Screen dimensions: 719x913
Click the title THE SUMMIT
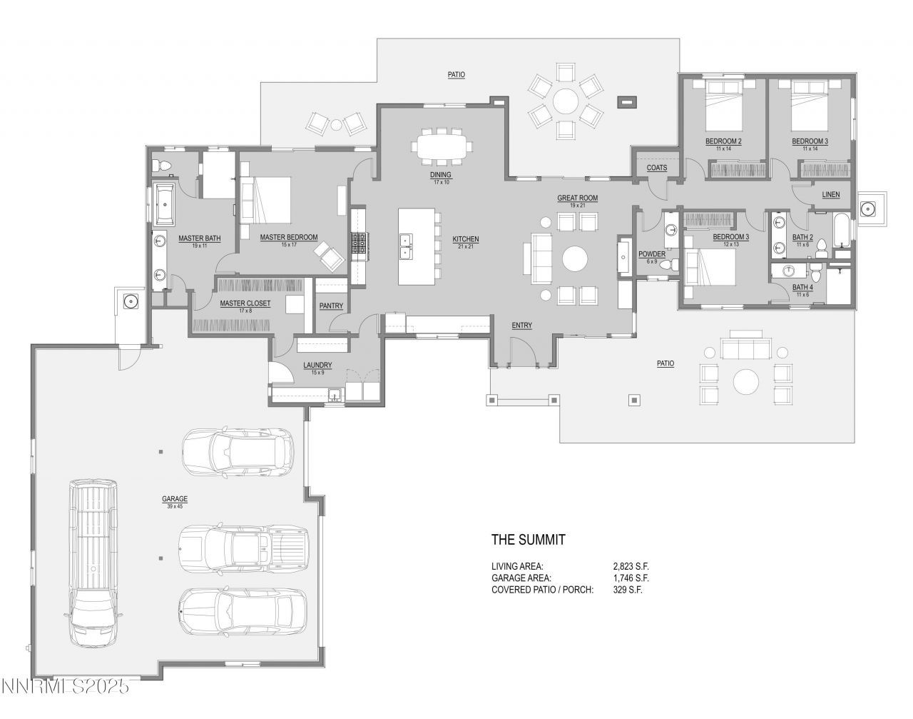[x=528, y=540]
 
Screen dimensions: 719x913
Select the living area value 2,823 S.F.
[x=626, y=565]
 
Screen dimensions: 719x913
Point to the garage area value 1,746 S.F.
[x=626, y=578]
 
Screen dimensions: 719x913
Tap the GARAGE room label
[x=174, y=499]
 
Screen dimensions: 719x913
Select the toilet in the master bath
[x=163, y=166]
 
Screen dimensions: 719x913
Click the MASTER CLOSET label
[x=245, y=303]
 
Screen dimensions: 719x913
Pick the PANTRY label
[x=331, y=306]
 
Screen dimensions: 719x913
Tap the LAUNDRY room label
[x=317, y=366]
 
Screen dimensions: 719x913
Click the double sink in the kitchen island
[x=406, y=245]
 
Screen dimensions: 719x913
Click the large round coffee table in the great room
[x=576, y=258]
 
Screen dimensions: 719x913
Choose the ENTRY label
[x=521, y=326]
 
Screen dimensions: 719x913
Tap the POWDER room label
[x=651, y=254]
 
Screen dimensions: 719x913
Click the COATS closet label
[x=656, y=168]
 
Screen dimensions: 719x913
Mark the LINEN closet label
[x=830, y=194]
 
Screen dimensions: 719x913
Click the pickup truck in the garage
[x=243, y=548]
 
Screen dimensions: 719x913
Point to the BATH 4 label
[x=802, y=288]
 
